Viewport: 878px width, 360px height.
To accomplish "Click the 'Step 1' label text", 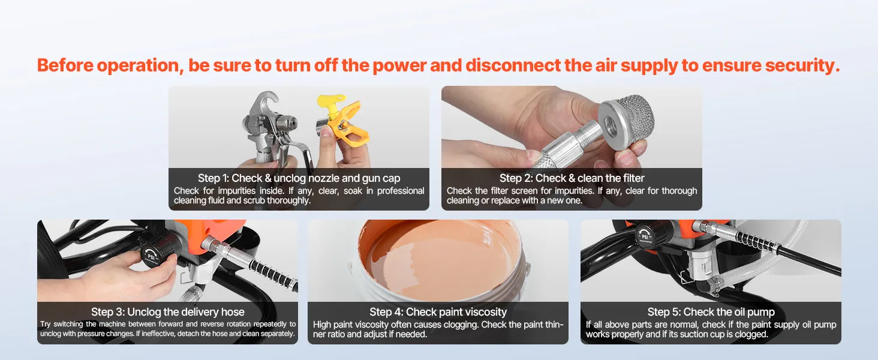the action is (214, 178).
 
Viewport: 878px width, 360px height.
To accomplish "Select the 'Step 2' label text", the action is (516, 178).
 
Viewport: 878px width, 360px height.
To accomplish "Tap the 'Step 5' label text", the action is (664, 312).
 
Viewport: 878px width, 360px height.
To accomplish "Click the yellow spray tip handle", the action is (331, 104).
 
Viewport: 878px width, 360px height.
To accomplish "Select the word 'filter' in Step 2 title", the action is (631, 178).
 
